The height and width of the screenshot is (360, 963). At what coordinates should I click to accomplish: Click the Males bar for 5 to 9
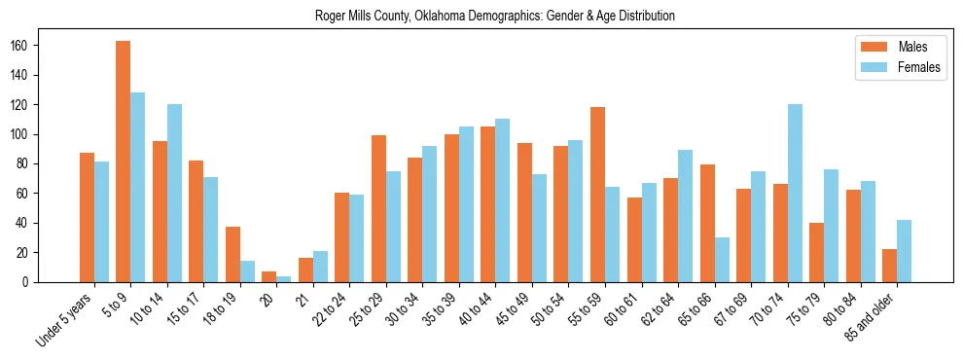tap(124, 162)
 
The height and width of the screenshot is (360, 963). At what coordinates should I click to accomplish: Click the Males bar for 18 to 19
tap(232, 255)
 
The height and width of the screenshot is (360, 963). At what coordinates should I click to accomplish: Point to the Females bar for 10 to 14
tap(174, 194)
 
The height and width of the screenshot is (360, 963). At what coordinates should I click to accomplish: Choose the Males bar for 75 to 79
tap(816, 253)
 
